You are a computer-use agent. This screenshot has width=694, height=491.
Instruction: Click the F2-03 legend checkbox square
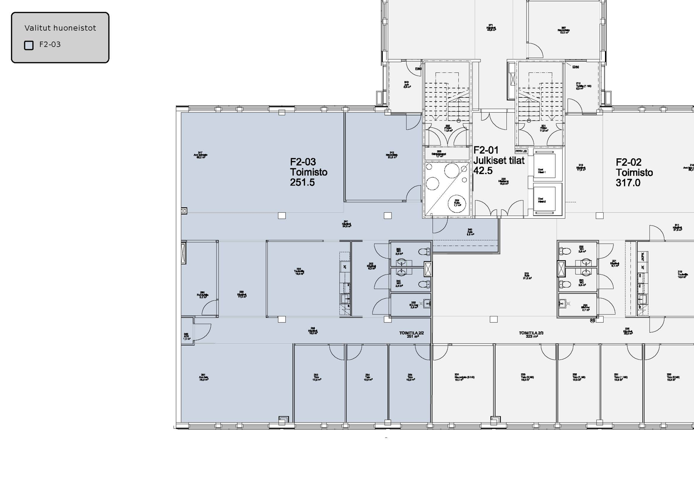click(29, 45)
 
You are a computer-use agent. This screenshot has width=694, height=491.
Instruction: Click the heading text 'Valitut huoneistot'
click(60, 28)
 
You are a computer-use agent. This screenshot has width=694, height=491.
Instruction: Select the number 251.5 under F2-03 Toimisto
click(302, 182)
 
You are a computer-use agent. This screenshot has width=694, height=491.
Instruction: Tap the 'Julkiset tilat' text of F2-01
click(499, 160)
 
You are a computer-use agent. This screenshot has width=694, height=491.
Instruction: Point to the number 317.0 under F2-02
click(628, 183)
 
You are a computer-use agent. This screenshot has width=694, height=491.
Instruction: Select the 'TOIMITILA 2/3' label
click(531, 333)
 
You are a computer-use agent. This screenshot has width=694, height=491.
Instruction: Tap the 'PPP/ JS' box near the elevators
click(521, 151)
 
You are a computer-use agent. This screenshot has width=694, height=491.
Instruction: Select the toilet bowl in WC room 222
click(565, 251)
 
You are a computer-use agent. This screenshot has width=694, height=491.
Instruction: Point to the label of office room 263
click(316, 377)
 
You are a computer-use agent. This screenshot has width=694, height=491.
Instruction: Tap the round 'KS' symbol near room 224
click(593, 321)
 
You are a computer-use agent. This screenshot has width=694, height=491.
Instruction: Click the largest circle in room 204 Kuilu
click(456, 204)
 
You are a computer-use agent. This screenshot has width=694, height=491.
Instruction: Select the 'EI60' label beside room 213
click(575, 67)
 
